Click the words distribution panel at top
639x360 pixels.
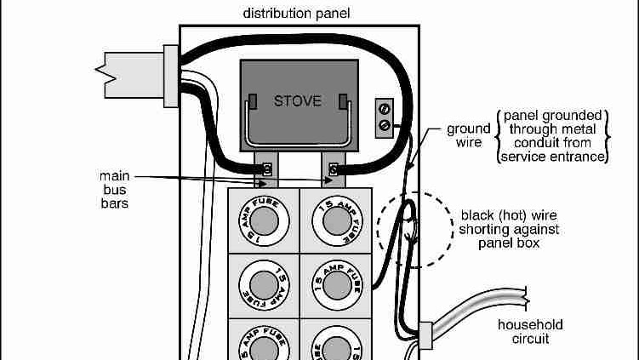296,14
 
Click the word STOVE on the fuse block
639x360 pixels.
298,100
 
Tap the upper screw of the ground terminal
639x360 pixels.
385,109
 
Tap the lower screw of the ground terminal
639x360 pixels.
385,124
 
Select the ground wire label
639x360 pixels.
469,136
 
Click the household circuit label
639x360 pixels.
530,331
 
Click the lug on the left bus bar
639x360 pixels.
266,169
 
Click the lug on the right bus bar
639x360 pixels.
333,169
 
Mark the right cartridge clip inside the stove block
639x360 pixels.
342,103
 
